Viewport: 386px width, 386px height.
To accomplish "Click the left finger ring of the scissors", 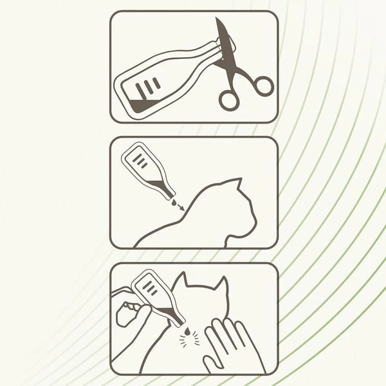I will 228,99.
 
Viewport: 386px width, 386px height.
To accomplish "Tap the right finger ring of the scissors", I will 262,86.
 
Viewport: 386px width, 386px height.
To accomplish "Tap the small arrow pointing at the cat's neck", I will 180,207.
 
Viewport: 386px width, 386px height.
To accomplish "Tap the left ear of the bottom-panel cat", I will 180,280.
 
